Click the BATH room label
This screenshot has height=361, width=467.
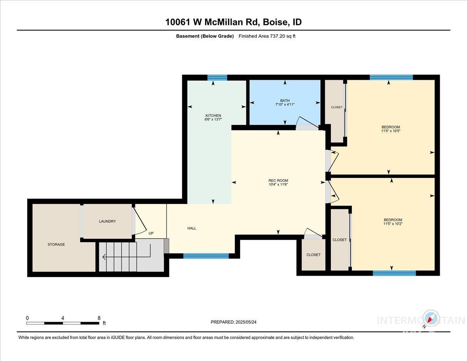285,100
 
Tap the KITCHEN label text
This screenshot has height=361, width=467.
213,116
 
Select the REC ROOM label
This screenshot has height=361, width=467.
278,180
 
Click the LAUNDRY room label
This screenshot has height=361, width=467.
107,221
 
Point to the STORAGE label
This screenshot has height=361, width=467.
56,245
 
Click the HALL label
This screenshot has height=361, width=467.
192,228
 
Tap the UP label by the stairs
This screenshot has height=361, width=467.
151,234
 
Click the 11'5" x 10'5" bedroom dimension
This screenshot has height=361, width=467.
391,131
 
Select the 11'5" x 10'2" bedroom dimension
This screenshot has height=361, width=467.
393,224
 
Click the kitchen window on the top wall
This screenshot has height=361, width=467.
217,77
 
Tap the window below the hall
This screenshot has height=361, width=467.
206,256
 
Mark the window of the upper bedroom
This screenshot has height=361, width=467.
391,77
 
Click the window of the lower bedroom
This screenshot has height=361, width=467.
394,273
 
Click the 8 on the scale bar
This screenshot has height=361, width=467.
99,318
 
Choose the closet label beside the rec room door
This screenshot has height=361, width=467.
313,255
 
